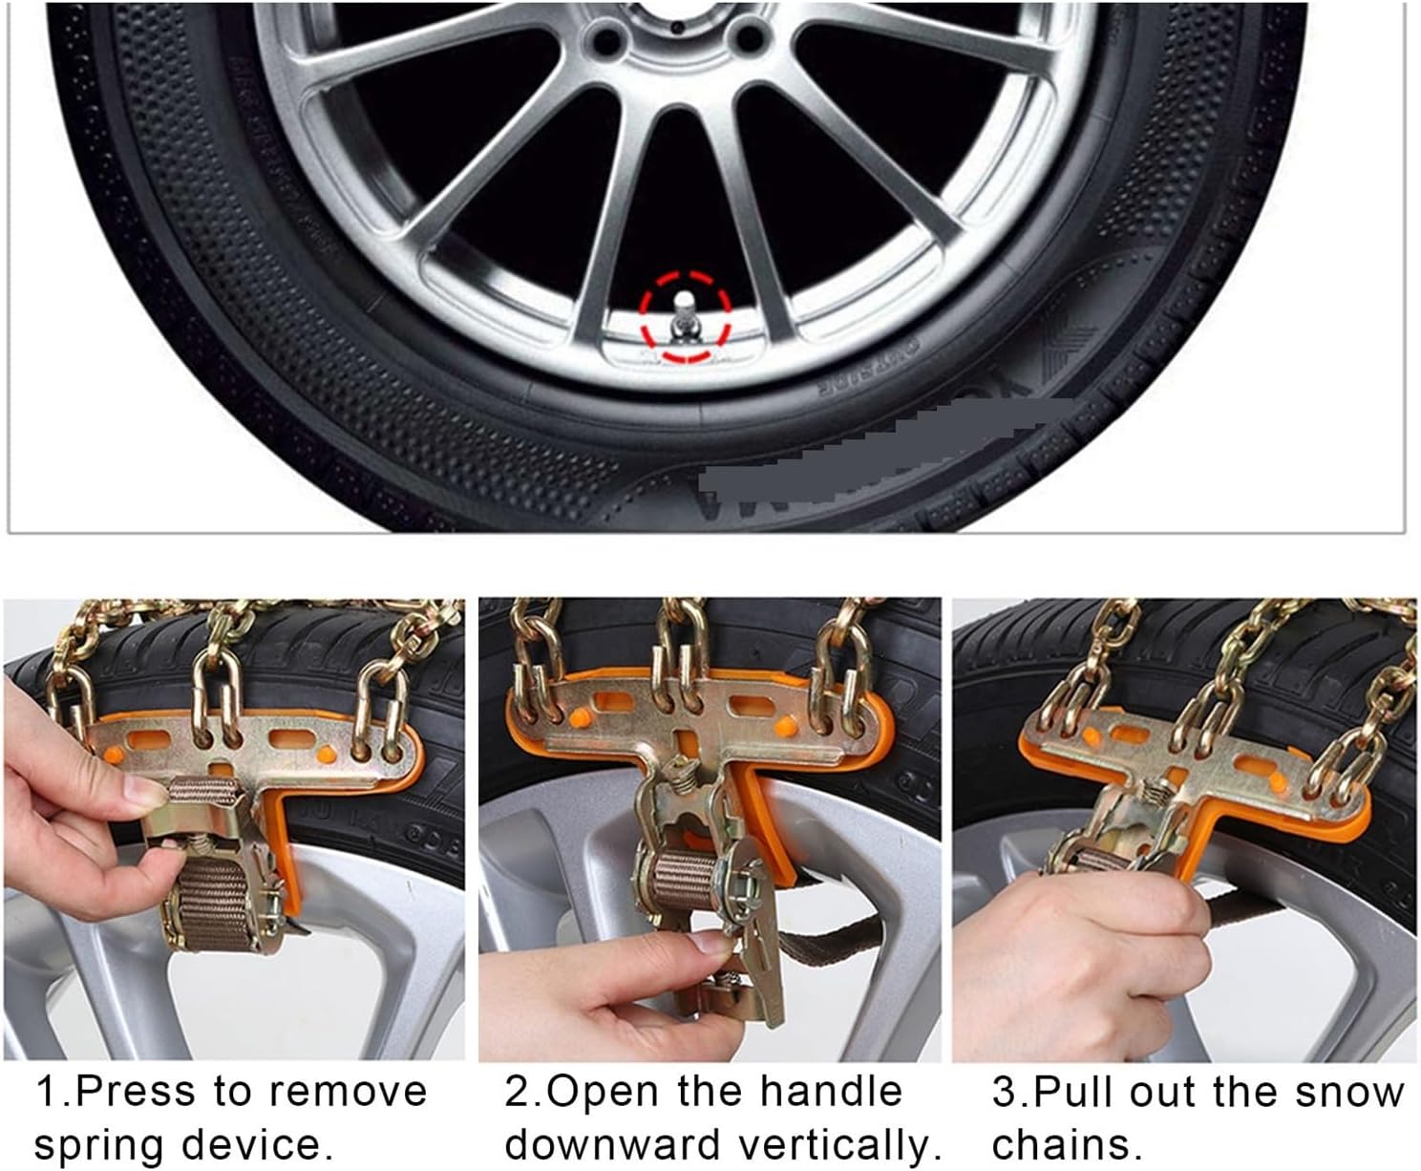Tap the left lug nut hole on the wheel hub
click(x=604, y=39)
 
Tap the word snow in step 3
click(x=1347, y=1091)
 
